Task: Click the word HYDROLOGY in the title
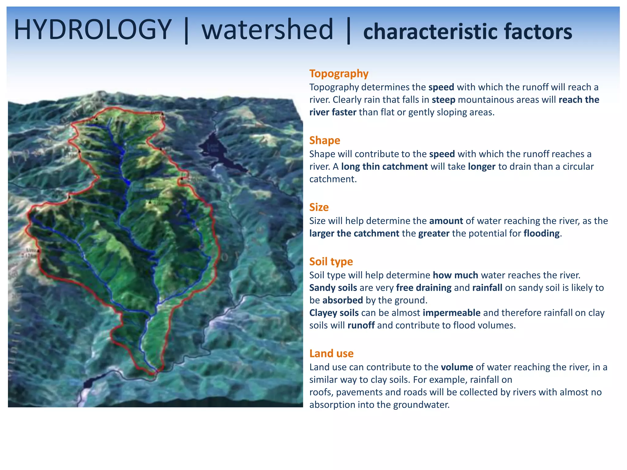click(x=92, y=30)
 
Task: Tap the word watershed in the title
click(x=267, y=30)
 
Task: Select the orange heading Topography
click(x=339, y=73)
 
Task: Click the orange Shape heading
click(x=325, y=140)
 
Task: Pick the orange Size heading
click(x=319, y=207)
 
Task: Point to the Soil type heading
click(x=331, y=262)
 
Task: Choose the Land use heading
click(x=331, y=353)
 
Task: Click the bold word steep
click(x=443, y=100)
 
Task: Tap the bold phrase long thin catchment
click(x=384, y=166)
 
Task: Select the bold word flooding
click(x=541, y=233)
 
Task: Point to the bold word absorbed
click(x=343, y=300)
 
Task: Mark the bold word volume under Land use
click(x=457, y=367)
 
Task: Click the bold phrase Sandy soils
click(x=333, y=288)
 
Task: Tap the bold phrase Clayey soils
click(x=334, y=313)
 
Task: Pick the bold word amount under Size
click(x=446, y=221)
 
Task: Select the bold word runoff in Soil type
click(x=361, y=325)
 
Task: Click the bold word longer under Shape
click(x=481, y=166)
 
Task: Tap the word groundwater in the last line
click(x=421, y=405)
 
